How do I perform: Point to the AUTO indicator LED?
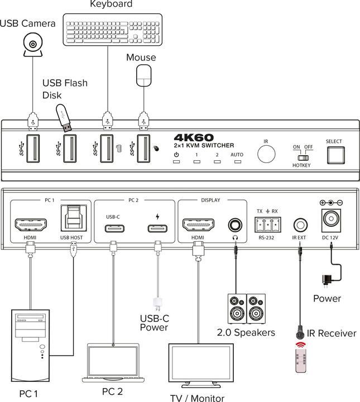[237, 162]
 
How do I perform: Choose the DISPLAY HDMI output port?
[199, 225]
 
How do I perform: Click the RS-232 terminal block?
[267, 226]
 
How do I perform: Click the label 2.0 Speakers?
[246, 332]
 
